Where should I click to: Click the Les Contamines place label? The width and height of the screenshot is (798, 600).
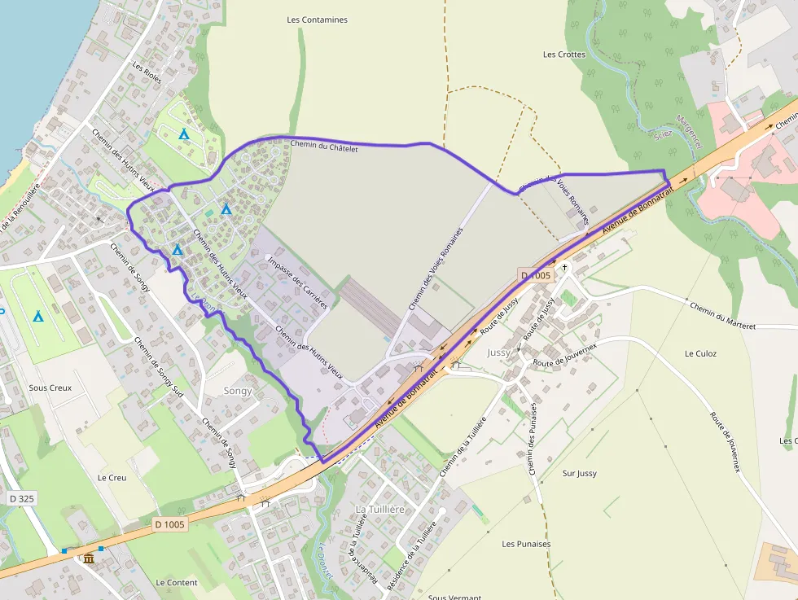[318, 20]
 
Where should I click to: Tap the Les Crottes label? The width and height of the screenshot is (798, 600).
[564, 55]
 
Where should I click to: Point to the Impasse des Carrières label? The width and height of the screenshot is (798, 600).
[297, 282]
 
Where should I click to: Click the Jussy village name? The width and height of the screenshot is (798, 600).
[498, 353]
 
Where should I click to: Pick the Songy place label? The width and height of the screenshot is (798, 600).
[238, 391]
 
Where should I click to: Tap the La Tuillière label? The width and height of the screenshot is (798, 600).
[380, 509]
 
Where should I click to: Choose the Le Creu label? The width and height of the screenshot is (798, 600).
[112, 477]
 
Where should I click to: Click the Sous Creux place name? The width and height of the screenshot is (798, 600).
[50, 388]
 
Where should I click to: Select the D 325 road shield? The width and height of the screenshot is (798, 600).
[22, 498]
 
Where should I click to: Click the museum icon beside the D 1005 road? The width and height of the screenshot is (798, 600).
[89, 558]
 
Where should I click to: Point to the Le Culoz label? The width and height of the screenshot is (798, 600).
[700, 353]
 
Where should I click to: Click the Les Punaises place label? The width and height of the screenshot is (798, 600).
[526, 544]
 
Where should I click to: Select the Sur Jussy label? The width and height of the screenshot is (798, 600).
[580, 473]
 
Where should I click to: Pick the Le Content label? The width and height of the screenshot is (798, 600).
[177, 583]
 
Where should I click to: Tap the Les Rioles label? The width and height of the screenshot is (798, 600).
[147, 74]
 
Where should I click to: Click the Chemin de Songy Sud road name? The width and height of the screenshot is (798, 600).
[159, 366]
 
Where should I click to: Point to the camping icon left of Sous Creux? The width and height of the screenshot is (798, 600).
[37, 316]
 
